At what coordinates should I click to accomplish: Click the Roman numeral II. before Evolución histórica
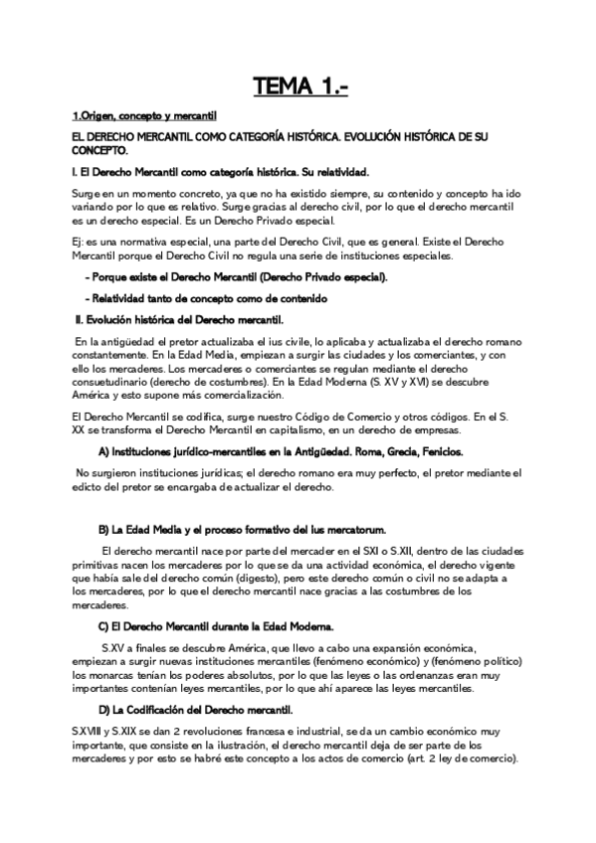[82, 320]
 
